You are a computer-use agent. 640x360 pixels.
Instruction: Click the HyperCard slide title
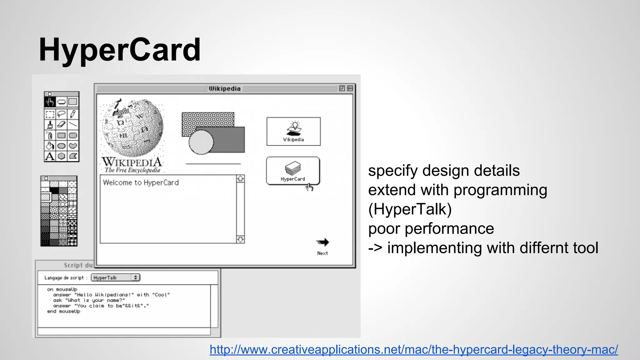(x=120, y=50)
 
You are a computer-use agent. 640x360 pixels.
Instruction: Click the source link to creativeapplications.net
(x=413, y=349)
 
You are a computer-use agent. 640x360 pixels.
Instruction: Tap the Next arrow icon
(x=322, y=242)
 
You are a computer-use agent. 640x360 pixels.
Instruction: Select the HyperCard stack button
(x=293, y=171)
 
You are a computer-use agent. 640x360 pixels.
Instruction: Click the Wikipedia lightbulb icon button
(x=293, y=131)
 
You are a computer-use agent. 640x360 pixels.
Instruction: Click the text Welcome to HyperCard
(x=141, y=182)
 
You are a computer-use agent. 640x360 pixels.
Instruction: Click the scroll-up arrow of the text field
(x=240, y=179)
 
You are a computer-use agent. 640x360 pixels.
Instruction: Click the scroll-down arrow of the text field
(x=240, y=240)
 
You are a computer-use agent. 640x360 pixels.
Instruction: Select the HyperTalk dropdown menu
(x=115, y=277)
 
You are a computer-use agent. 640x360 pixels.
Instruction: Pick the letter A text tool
(x=50, y=156)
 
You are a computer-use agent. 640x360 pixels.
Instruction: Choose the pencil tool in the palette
(x=73, y=114)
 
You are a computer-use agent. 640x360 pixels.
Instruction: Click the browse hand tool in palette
(x=50, y=102)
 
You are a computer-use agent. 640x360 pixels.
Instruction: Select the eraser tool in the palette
(x=61, y=124)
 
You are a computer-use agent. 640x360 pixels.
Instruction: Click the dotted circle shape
(x=201, y=142)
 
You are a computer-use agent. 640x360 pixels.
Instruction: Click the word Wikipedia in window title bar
(x=225, y=89)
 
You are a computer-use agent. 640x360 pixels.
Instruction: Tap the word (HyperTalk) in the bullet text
(x=410, y=209)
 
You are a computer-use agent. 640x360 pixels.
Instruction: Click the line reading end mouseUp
(x=63, y=311)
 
